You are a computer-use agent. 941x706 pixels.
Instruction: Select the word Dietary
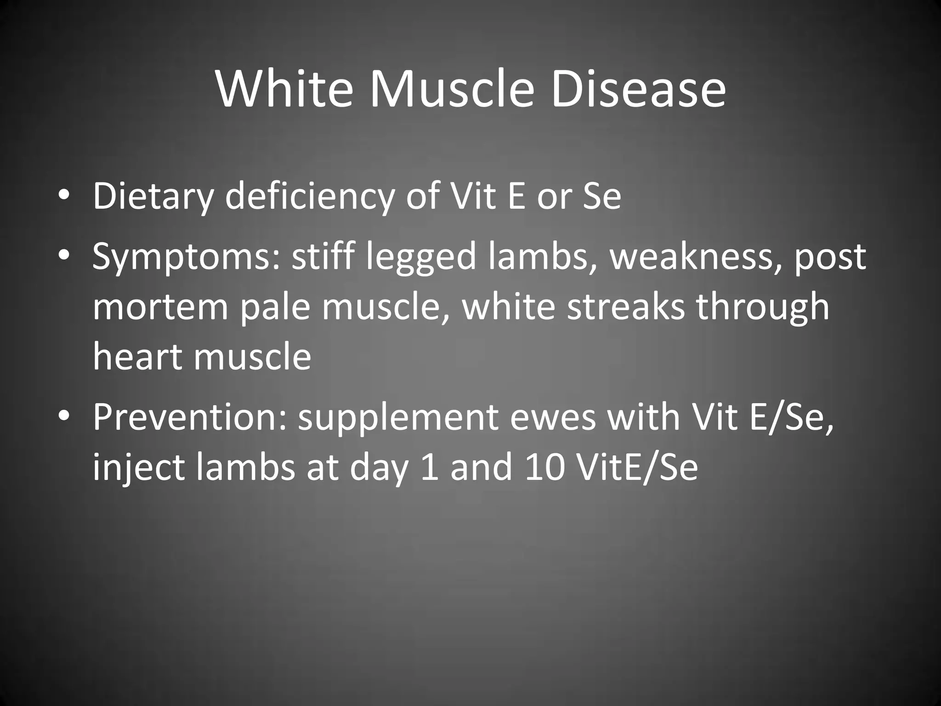[153, 196]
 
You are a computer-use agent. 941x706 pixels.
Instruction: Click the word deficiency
[309, 196]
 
